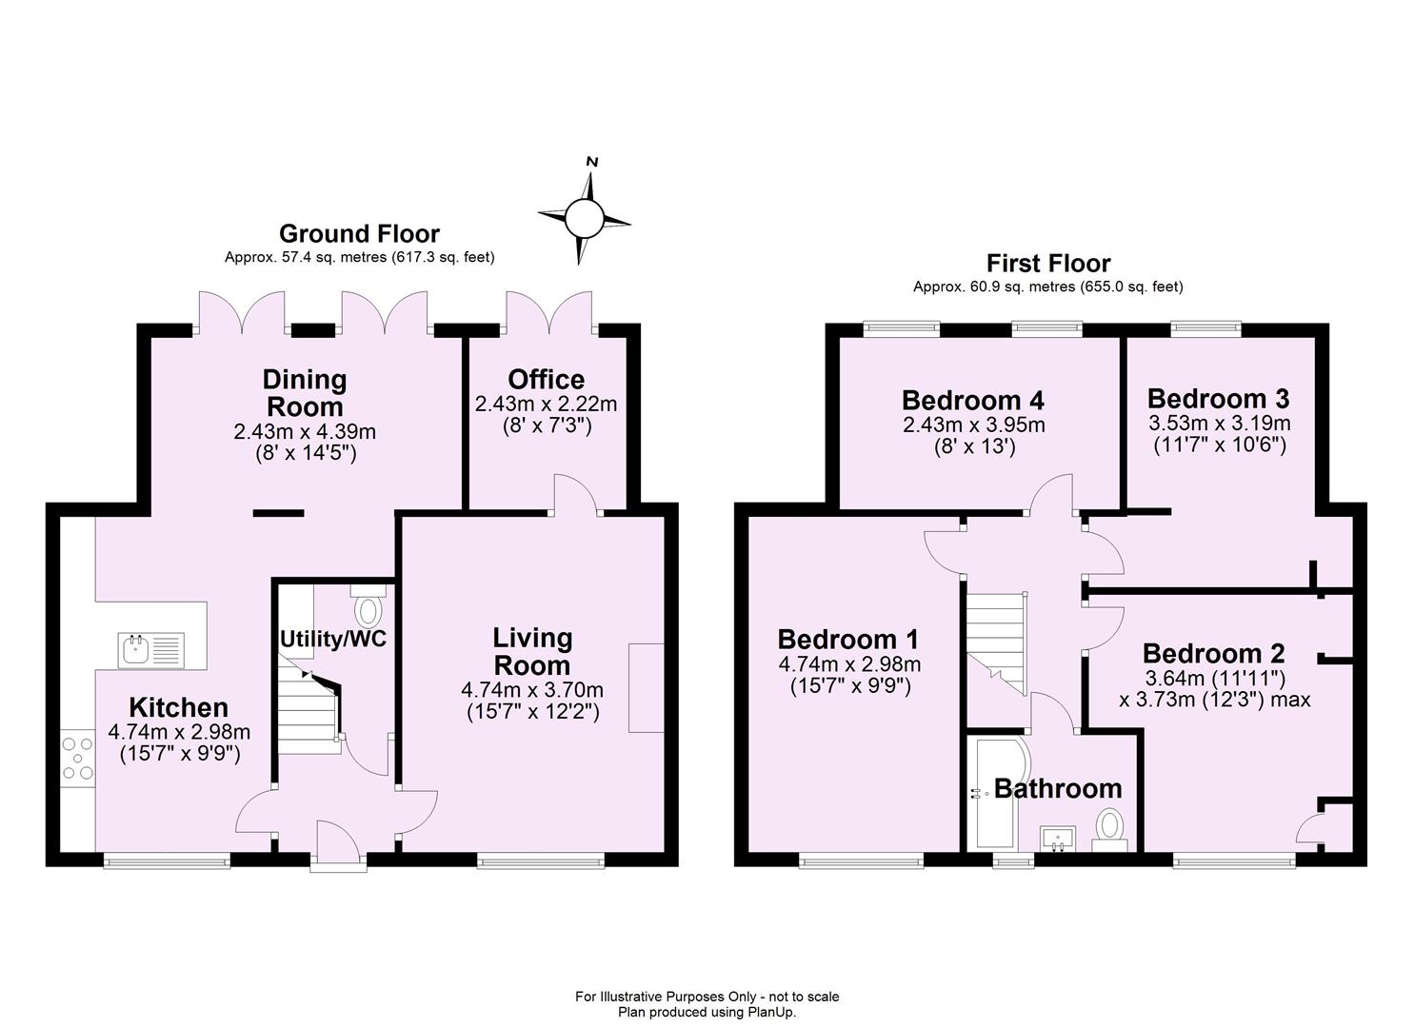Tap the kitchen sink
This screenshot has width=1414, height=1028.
[x=151, y=651]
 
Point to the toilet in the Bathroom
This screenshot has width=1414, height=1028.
[x=1110, y=827]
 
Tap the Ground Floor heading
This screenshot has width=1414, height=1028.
[x=359, y=233]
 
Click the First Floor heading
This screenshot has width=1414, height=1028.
[x=1047, y=263]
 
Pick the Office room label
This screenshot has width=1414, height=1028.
[x=546, y=379]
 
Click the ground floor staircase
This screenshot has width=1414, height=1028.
[x=309, y=709]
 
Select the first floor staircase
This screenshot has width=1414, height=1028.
[x=996, y=633]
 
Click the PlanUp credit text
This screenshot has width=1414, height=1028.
[x=707, y=1012]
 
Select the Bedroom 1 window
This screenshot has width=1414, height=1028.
[x=862, y=861]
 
